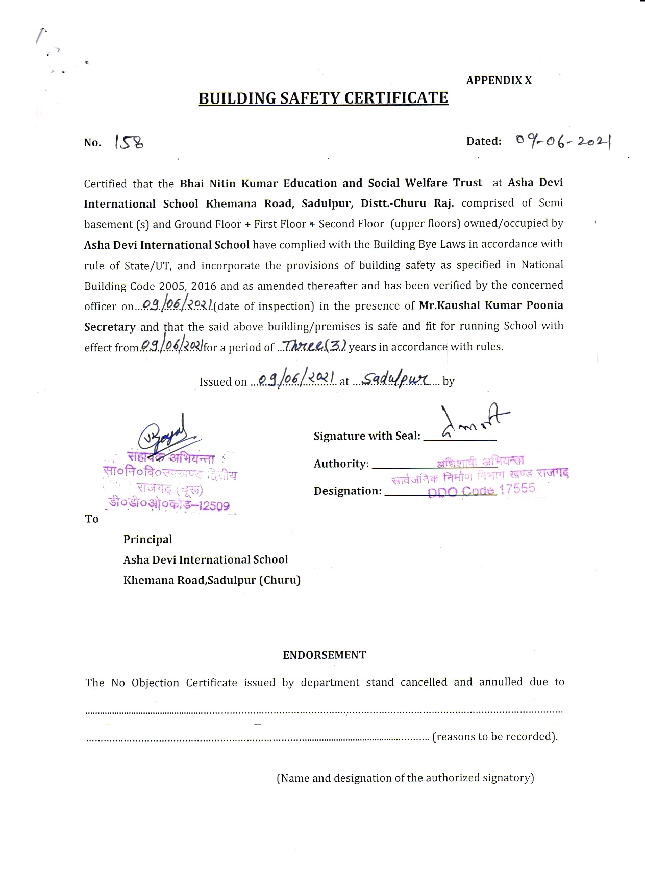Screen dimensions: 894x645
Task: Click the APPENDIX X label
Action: (499, 80)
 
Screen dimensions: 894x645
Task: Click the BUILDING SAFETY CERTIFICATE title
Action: (323, 98)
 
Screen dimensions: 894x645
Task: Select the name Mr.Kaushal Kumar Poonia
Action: (491, 305)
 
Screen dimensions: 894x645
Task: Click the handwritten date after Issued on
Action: (296, 379)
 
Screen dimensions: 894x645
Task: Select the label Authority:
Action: (341, 464)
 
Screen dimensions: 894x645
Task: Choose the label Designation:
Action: (348, 491)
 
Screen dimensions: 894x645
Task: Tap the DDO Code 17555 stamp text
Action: (481, 490)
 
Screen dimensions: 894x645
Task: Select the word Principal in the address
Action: (147, 539)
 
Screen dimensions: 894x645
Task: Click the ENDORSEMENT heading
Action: (325, 655)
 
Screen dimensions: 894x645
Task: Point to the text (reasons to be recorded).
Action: (495, 736)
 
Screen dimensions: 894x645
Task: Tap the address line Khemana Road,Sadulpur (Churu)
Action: (212, 580)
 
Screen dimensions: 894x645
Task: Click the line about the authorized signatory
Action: (405, 778)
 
